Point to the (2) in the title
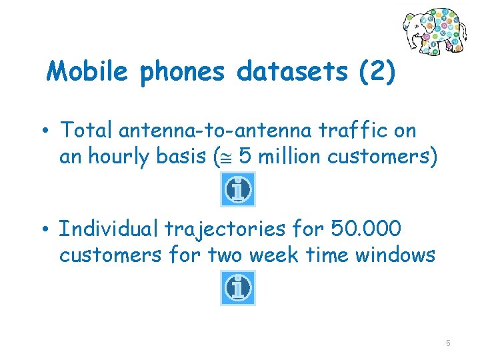pos(377,71)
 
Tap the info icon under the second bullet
pos(238,288)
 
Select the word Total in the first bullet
pos(83,130)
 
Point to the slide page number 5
pos(448,343)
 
